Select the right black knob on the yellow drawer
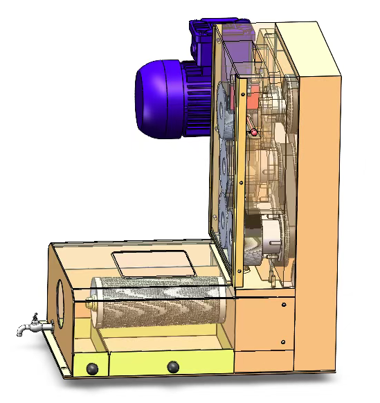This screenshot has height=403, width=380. coord(173,366)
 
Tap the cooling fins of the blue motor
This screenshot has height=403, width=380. coord(197,100)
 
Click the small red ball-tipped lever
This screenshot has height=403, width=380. coord(253,132)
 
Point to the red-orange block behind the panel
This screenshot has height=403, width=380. coord(253,98)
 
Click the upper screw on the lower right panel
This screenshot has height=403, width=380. coord(284,305)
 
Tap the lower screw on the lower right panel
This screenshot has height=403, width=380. coord(283,341)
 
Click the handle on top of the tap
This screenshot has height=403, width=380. coord(34,316)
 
